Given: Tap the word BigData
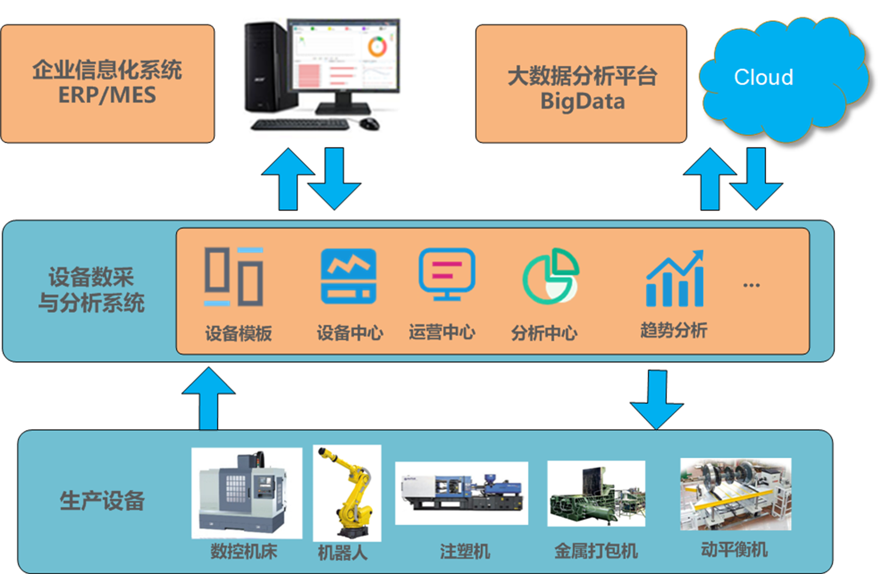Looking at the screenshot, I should click(x=582, y=102).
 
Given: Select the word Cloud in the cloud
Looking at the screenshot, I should click(x=763, y=77).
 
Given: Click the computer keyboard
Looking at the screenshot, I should click(x=301, y=125).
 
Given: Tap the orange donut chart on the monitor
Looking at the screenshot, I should click(x=377, y=47).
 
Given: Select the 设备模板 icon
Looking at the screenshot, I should click(x=234, y=277).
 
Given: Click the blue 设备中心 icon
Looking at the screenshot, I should click(x=348, y=276).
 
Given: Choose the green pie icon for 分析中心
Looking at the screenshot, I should click(x=550, y=276).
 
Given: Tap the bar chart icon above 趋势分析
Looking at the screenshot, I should click(x=675, y=279).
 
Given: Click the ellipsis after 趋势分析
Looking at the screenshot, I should click(x=751, y=285).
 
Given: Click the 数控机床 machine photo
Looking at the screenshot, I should click(x=246, y=492).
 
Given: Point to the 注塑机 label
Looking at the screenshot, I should click(x=465, y=551).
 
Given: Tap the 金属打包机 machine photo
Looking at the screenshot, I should click(x=596, y=494).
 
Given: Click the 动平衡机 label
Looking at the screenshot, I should click(x=734, y=550).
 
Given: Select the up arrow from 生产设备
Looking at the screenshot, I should click(x=208, y=399).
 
